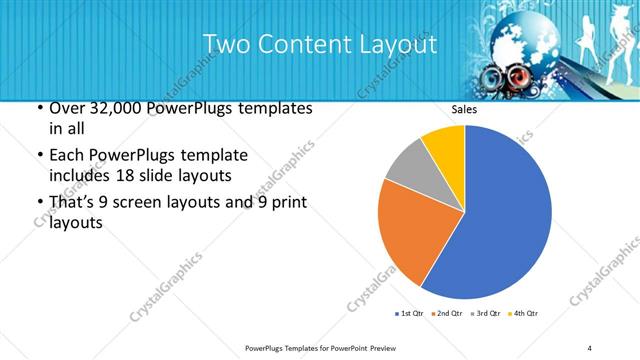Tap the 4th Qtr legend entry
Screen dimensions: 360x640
click(x=525, y=315)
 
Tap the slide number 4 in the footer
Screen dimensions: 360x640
click(x=590, y=347)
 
